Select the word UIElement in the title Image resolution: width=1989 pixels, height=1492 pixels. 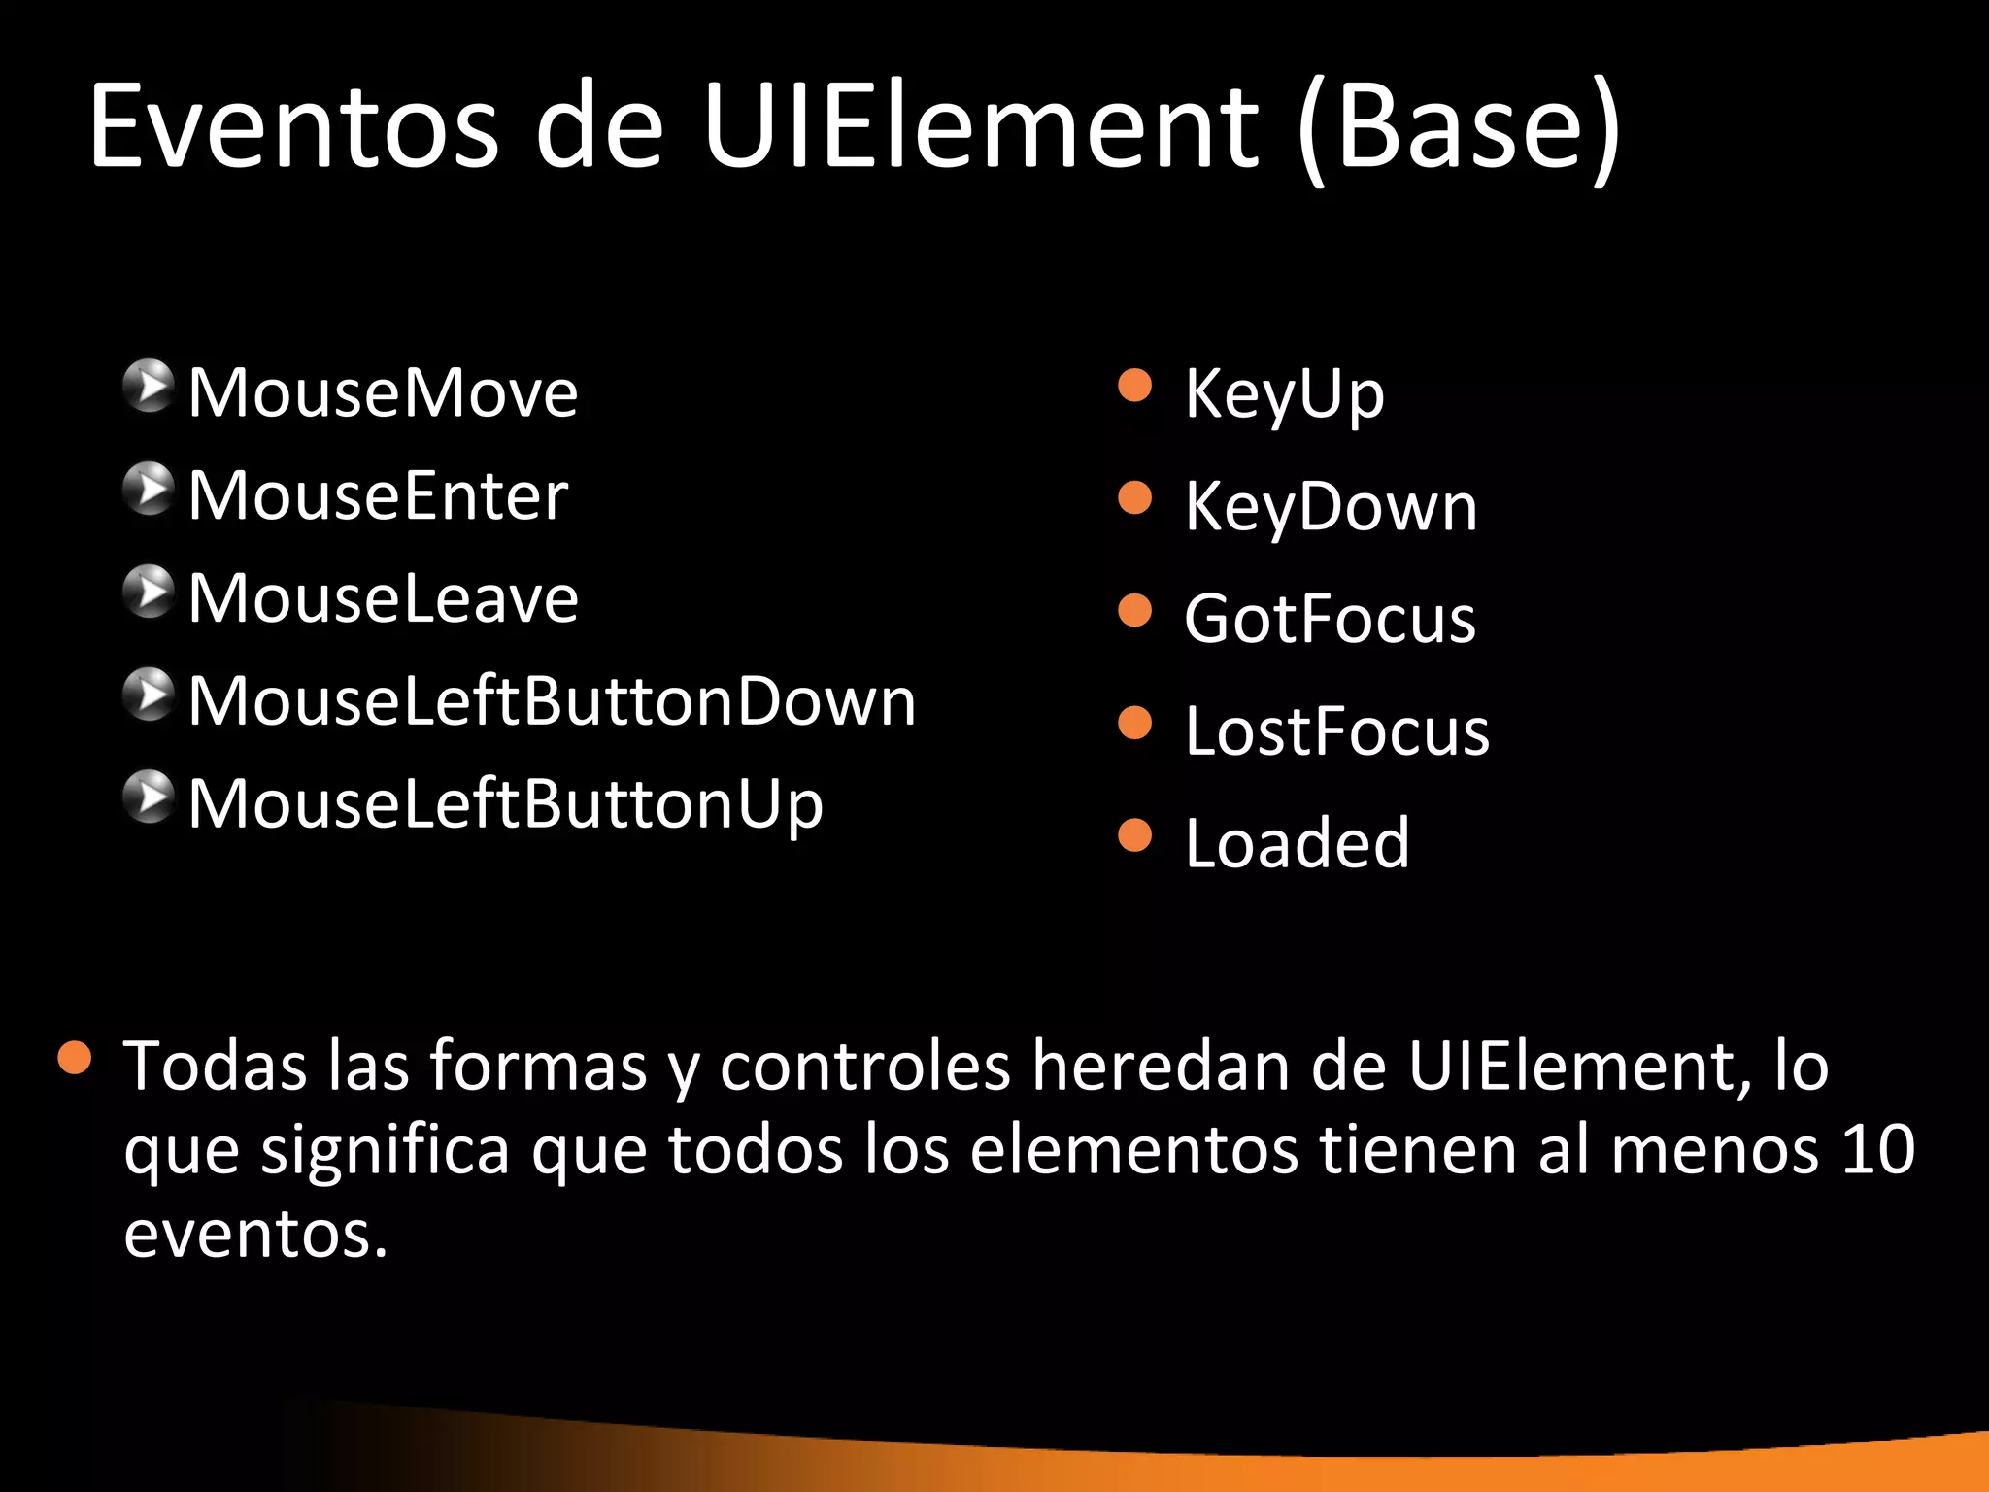coord(981,126)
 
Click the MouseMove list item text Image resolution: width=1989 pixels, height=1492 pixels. coord(383,393)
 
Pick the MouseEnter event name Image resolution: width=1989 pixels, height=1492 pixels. coord(378,496)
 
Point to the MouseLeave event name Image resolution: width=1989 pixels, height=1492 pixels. coord(383,598)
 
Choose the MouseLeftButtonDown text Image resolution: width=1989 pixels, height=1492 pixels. coord(552,701)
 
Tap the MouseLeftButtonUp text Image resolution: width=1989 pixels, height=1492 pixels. coord(505,804)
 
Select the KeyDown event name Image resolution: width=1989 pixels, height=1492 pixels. coord(1331,507)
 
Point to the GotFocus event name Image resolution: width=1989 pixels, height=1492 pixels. coord(1330,619)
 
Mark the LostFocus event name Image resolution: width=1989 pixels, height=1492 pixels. coord(1336,731)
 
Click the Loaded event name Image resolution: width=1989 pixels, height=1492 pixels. coord(1297,843)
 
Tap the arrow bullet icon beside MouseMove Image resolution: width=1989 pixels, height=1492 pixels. coord(149,386)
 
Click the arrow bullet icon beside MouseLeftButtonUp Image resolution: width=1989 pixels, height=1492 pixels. coord(149,797)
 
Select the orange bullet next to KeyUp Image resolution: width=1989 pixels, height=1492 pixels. coord(1134,386)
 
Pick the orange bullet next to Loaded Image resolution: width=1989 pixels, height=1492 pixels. coord(1134,834)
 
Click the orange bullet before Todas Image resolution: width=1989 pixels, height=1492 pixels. coord(75,1058)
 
